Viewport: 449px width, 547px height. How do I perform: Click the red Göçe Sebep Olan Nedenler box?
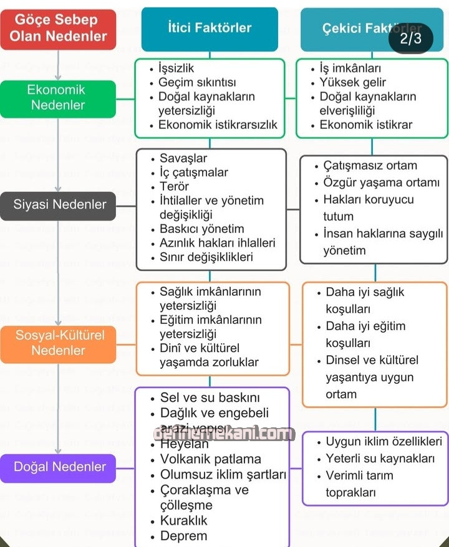(58, 29)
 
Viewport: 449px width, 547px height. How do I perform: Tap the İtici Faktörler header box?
(210, 28)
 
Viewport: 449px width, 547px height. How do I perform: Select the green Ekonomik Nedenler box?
(58, 98)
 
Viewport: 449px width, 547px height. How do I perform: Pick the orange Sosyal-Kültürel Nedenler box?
(58, 343)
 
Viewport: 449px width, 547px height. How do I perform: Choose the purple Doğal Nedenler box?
(58, 467)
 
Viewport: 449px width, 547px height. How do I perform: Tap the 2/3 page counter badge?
(410, 39)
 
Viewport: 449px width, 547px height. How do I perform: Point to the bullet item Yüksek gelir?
(352, 82)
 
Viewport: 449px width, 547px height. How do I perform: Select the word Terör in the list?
(174, 186)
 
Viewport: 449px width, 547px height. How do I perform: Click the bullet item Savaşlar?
(183, 158)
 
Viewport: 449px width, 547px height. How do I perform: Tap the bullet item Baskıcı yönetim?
(201, 229)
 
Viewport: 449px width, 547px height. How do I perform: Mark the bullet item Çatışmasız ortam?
(370, 166)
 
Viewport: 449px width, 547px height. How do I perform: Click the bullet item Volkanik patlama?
(211, 460)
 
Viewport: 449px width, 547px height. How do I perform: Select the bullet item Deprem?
(183, 536)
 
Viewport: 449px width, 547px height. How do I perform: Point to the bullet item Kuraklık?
(183, 520)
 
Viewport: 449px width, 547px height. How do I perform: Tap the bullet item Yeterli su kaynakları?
(380, 459)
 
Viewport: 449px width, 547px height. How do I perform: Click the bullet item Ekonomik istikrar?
(365, 125)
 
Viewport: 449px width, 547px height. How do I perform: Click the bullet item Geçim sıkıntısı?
(196, 82)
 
